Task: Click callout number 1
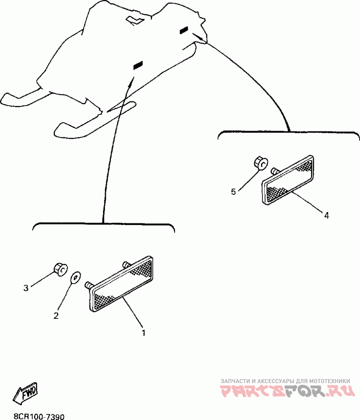click(143, 333)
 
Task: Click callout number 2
click(56, 316)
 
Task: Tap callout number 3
click(26, 288)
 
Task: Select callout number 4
click(327, 215)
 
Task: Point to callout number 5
click(233, 192)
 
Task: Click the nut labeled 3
click(59, 268)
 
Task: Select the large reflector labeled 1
click(121, 284)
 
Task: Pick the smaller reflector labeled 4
click(288, 180)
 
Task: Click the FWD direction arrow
click(26, 393)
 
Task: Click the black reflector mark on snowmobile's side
click(138, 66)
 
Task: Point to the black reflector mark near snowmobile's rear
click(184, 31)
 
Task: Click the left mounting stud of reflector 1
click(88, 285)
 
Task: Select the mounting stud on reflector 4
click(274, 171)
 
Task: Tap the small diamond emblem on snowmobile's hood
click(135, 20)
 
